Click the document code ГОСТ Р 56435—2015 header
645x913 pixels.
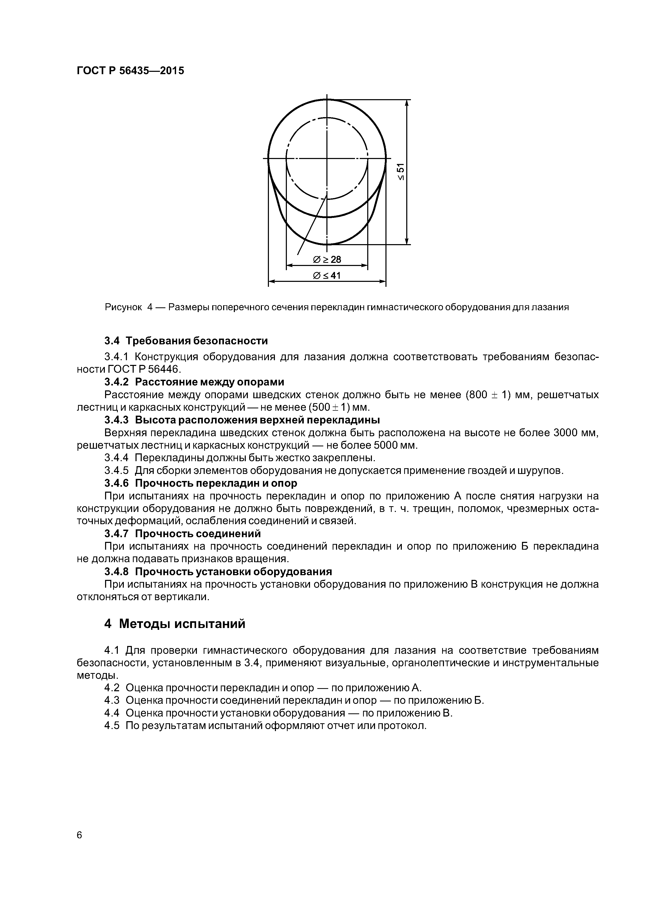click(130, 71)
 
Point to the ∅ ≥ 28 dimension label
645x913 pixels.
click(327, 260)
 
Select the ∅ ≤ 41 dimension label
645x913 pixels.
click(327, 275)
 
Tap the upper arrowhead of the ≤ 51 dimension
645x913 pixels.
click(407, 103)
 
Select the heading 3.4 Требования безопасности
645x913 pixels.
click(186, 341)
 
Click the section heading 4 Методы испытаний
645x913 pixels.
click(175, 624)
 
